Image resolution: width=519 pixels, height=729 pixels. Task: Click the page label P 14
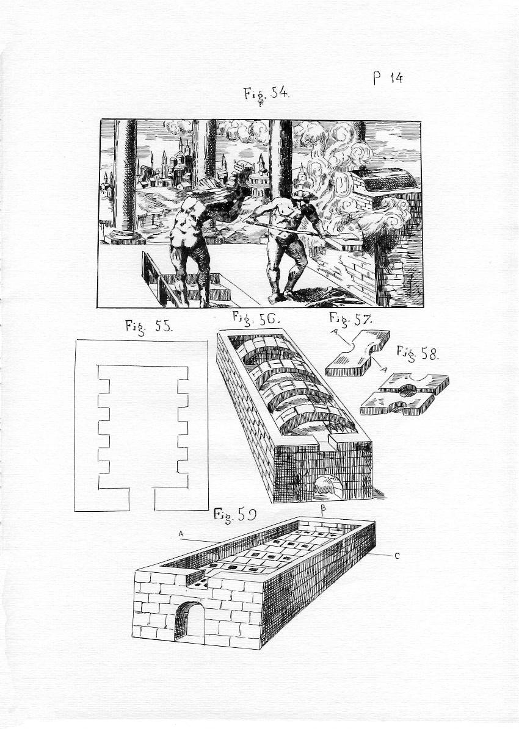click(388, 77)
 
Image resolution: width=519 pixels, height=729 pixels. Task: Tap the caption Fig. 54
click(266, 94)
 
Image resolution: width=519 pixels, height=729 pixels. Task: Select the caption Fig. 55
click(149, 326)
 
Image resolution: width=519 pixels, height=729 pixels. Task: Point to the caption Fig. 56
click(256, 318)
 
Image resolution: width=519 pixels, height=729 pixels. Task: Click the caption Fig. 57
click(350, 319)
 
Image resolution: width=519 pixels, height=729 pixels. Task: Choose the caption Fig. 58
click(418, 354)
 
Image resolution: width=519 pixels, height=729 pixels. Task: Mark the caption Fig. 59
click(234, 515)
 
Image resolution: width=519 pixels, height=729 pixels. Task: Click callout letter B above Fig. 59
click(323, 510)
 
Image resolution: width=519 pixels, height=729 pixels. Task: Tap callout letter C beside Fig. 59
click(397, 556)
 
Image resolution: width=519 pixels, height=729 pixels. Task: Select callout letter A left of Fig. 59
click(181, 535)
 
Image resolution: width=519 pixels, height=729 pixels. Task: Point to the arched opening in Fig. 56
click(329, 488)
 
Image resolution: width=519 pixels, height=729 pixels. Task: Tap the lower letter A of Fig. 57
click(383, 370)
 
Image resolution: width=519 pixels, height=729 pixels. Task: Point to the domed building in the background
click(257, 181)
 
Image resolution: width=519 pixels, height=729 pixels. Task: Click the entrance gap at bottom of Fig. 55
click(141, 499)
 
